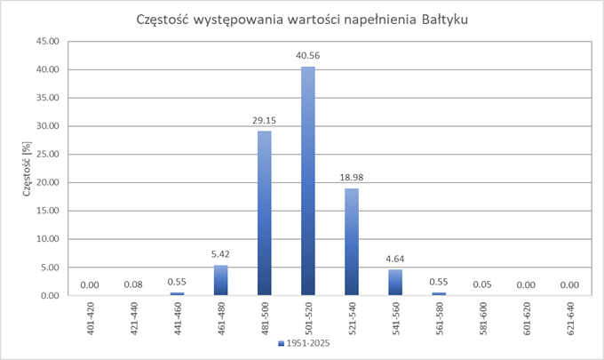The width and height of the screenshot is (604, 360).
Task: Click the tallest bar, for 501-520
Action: (308, 181)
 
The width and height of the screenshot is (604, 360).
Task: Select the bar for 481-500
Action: (265, 213)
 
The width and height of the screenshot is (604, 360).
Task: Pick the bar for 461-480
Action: (221, 280)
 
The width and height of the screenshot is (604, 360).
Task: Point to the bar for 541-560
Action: (395, 282)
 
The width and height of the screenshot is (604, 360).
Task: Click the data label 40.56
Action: (308, 56)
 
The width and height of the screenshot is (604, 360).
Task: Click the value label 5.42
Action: (221, 254)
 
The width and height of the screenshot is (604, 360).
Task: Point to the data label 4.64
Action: (395, 259)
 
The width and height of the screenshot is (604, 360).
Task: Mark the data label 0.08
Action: (134, 284)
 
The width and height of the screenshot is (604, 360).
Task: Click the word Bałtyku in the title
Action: (439, 19)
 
